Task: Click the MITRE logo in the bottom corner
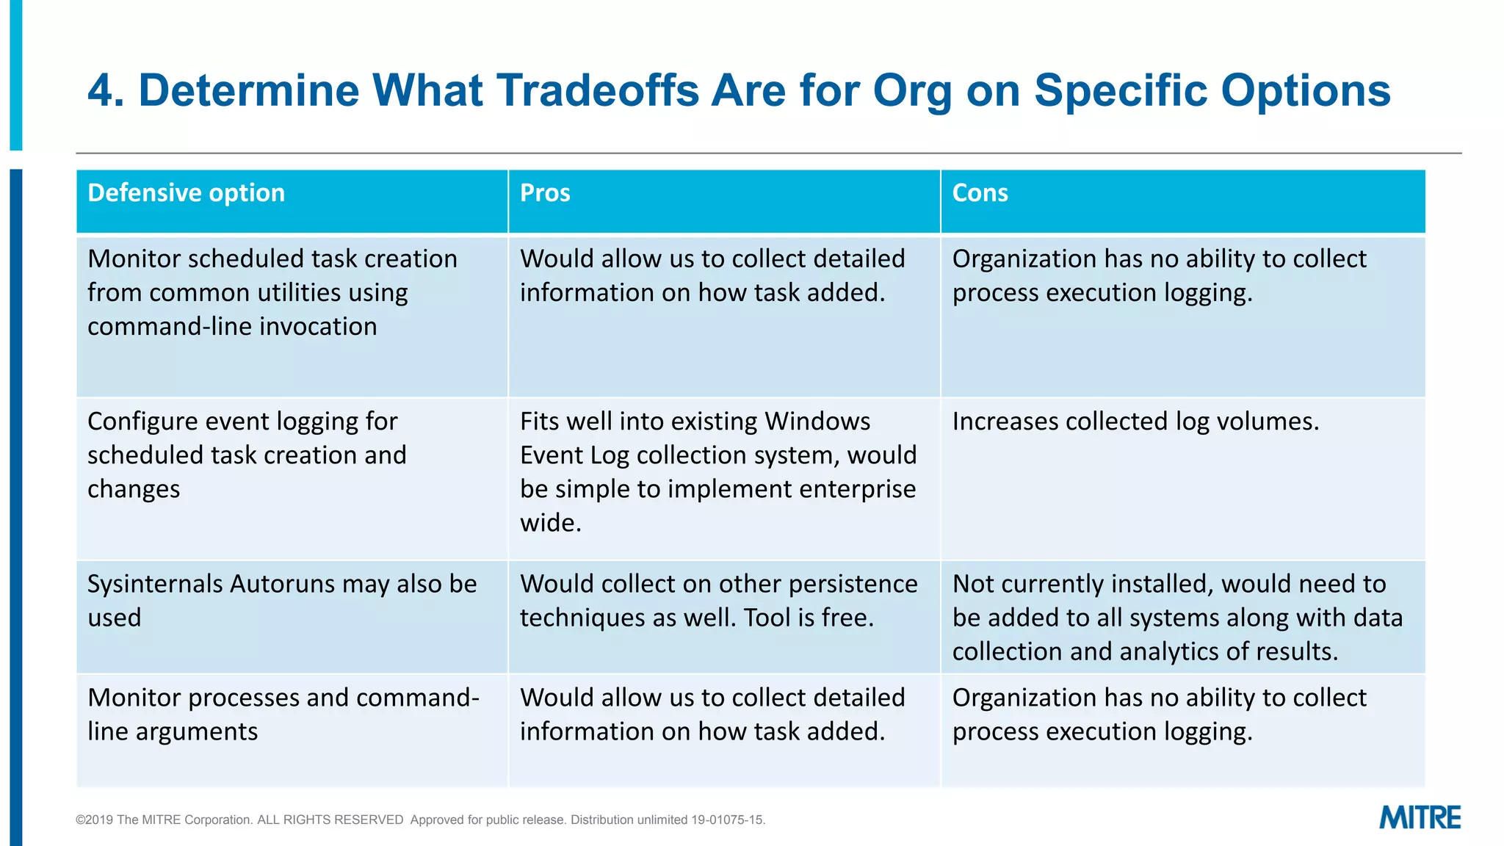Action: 1420,817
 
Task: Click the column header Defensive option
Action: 186,193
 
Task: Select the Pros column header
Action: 545,193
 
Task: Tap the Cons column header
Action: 980,193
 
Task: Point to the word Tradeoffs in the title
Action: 598,90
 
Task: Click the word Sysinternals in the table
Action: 155,584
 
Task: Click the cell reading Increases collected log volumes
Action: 1135,422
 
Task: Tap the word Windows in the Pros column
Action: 817,422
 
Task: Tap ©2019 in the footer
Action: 94,820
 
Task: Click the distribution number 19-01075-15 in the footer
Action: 726,820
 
